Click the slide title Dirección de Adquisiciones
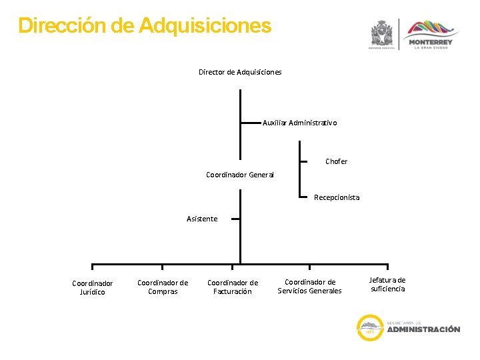145,26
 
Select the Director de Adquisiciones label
240,72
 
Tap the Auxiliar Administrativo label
299,123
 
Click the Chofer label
336,161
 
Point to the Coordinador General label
240,175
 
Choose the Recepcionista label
337,197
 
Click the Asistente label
202,219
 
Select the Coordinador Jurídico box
93,287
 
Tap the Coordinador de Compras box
163,287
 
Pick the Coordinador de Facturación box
233,287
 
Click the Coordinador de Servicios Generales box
309,286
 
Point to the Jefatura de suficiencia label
387,284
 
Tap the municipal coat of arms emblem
383,32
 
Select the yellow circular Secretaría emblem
369,327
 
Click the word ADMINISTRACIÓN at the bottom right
423,329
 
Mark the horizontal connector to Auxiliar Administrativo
251,123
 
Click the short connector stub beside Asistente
229,218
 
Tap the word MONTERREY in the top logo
433,42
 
